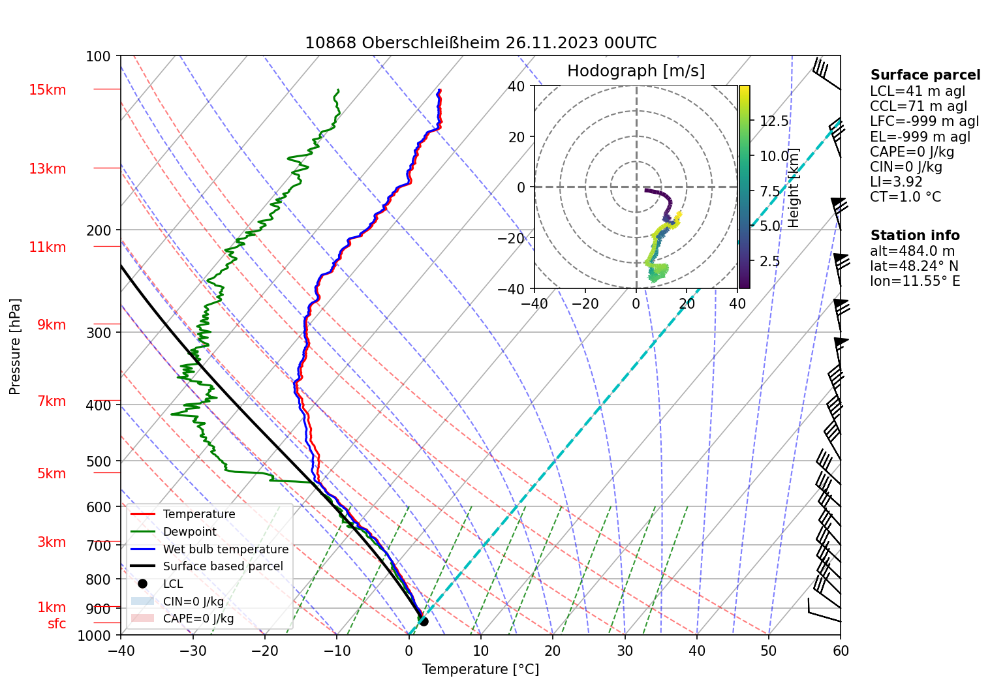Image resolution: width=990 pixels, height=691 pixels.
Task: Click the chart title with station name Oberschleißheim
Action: coord(480,43)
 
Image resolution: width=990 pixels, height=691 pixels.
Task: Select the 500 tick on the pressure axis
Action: coord(99,461)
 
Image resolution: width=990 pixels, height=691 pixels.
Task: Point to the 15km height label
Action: coord(47,90)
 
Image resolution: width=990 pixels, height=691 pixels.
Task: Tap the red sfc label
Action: coord(57,624)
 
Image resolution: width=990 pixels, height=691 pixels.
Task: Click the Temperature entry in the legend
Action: coord(198,514)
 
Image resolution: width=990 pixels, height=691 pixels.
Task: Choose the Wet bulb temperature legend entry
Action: coord(225,549)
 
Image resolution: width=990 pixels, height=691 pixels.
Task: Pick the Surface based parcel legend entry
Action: coord(223,566)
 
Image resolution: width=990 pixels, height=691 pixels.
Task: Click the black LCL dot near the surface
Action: coord(424,621)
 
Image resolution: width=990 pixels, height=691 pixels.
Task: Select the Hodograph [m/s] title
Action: coord(636,71)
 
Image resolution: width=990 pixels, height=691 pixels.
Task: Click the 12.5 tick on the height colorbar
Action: coord(774,121)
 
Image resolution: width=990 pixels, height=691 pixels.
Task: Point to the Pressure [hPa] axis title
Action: coord(15,346)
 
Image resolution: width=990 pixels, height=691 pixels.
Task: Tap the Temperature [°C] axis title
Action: coord(480,669)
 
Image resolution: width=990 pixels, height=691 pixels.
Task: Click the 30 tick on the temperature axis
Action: coord(625,651)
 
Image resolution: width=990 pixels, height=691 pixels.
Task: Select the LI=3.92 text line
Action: coord(896,182)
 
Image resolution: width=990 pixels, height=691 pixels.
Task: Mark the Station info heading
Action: coord(915,236)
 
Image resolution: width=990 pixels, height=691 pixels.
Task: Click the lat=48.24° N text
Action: coord(914,266)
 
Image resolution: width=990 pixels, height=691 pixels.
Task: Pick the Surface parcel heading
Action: coord(925,75)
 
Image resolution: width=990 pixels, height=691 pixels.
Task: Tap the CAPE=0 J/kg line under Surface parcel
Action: coord(912,152)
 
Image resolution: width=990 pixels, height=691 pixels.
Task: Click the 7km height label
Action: coord(52,401)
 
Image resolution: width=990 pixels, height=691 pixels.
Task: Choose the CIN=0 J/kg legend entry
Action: coord(193,602)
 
